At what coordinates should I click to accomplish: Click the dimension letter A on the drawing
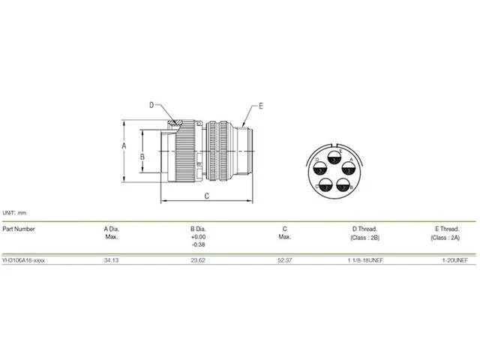[x=124, y=145]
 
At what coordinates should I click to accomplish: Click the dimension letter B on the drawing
[x=142, y=157]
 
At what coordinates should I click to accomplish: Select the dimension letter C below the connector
[x=207, y=196]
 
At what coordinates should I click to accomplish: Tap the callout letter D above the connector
[x=151, y=105]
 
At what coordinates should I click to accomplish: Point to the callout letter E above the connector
[x=261, y=106]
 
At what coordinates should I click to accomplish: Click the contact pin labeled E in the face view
[x=334, y=157]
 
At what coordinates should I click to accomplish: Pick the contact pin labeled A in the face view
[x=348, y=168]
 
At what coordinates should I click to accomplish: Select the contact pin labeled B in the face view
[x=343, y=184]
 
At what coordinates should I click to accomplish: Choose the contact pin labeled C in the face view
[x=325, y=184]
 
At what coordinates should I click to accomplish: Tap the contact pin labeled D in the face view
[x=320, y=168]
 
